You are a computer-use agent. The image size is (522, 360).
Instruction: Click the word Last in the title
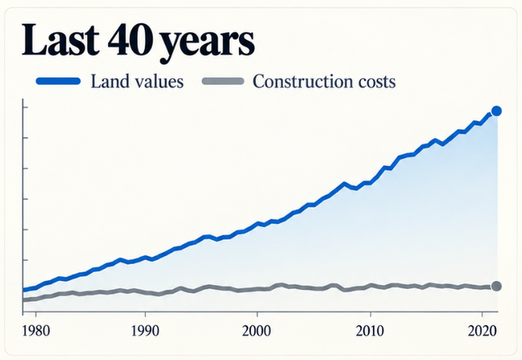pyautogui.click(x=61, y=39)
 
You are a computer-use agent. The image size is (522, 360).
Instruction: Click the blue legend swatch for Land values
pyautogui.click(x=58, y=81)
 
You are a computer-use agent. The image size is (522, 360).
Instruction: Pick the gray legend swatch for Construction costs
pyautogui.click(x=223, y=81)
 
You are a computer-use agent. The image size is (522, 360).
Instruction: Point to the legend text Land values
pyautogui.click(x=137, y=81)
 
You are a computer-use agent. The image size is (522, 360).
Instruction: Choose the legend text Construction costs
pyautogui.click(x=324, y=81)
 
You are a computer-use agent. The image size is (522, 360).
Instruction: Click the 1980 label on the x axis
pyautogui.click(x=36, y=331)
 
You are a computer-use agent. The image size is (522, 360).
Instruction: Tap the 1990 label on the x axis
pyautogui.click(x=145, y=331)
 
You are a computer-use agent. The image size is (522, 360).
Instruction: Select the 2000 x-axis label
pyautogui.click(x=256, y=331)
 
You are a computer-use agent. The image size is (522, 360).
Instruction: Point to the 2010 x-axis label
pyautogui.click(x=370, y=331)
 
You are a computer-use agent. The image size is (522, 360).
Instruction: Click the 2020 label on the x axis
pyautogui.click(x=482, y=331)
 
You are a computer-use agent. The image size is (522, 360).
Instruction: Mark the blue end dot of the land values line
pyautogui.click(x=497, y=111)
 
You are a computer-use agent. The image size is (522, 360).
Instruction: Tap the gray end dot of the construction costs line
pyautogui.click(x=497, y=286)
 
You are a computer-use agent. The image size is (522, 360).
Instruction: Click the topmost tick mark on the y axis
pyautogui.click(x=25, y=107)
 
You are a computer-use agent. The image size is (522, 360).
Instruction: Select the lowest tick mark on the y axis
pyautogui.click(x=25, y=259)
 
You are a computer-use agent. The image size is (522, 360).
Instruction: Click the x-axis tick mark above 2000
pyautogui.click(x=257, y=314)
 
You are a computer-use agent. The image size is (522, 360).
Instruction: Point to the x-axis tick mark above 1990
pyautogui.click(x=145, y=314)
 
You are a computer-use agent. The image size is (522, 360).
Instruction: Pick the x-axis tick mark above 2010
pyautogui.click(x=370, y=314)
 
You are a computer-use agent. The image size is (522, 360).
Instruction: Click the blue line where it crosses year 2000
pyautogui.click(x=257, y=223)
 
